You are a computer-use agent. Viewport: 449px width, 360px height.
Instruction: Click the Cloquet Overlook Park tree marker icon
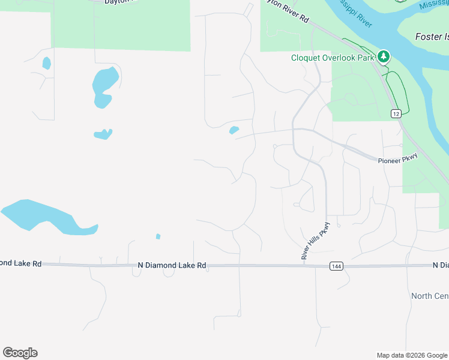tap(384, 57)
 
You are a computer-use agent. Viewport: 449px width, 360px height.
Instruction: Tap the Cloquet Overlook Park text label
tap(333, 58)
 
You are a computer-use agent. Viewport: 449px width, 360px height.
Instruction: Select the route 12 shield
tap(396, 113)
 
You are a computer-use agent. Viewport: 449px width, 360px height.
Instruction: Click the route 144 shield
tap(336, 265)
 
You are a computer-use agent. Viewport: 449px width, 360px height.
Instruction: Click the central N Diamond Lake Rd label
tap(172, 265)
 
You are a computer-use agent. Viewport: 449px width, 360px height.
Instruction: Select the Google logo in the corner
tap(20, 353)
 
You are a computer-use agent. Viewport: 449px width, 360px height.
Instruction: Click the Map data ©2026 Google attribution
tap(412, 355)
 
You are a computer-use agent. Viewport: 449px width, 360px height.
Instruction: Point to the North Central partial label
tap(430, 296)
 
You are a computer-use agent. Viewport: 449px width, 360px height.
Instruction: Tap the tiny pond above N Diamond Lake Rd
tap(158, 236)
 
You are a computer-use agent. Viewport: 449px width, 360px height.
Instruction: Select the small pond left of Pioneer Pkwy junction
tap(234, 130)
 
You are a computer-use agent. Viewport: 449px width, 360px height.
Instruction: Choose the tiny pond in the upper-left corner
tap(46, 63)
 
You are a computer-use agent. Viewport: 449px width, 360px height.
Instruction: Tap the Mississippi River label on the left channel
tap(354, 13)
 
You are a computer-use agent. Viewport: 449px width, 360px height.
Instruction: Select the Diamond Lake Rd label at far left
tap(20, 263)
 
